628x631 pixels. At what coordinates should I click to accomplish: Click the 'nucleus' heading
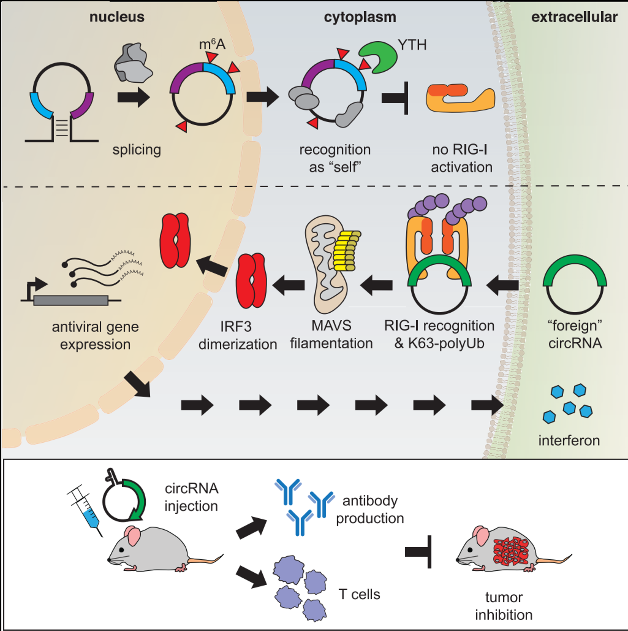pos(117,17)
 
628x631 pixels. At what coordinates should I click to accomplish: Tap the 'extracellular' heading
pos(574,17)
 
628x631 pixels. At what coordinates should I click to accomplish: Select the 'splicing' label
pos(137,150)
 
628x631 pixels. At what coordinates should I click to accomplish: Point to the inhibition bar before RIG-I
pos(397,98)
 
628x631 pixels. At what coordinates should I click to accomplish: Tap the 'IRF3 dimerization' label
pos(237,335)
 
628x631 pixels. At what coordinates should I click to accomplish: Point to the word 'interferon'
pos(569,440)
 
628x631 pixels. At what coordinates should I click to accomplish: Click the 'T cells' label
pos(359,594)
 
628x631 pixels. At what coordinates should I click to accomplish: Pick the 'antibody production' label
pos(370,510)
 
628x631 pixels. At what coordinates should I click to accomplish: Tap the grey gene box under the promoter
pos(71,300)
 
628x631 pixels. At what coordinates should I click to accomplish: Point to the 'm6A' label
pos(212,44)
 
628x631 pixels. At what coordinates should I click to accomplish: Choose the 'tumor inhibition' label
pos(504,606)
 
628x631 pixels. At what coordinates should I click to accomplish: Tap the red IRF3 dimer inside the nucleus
pos(175,241)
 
